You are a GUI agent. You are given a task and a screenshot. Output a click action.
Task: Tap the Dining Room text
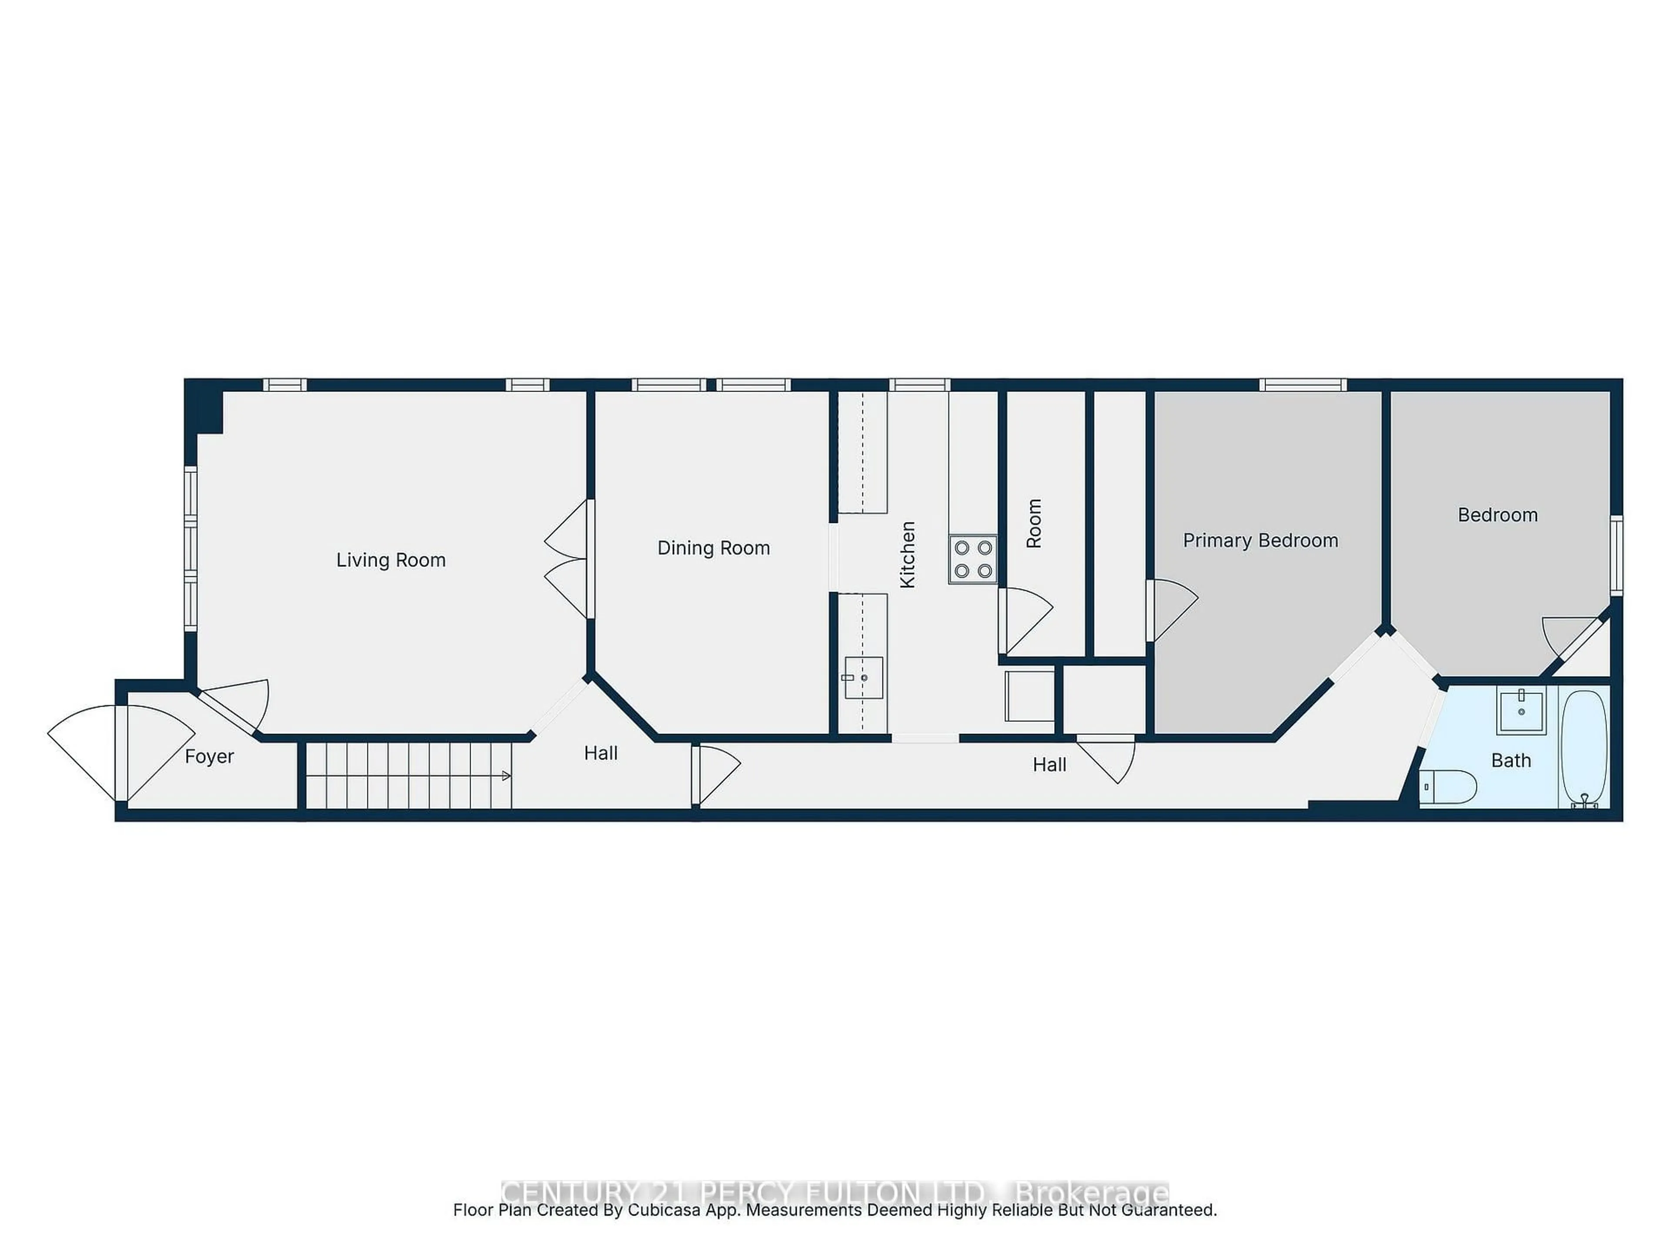pyautogui.click(x=714, y=548)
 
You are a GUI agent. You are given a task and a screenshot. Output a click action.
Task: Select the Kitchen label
pyautogui.click(x=908, y=554)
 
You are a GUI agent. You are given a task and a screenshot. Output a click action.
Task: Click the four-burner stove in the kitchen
pyautogui.click(x=972, y=559)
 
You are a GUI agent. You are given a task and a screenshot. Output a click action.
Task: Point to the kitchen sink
pyautogui.click(x=863, y=677)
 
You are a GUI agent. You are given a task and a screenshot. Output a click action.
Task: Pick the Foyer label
pyautogui.click(x=209, y=757)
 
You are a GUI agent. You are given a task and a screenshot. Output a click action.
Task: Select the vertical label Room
pyautogui.click(x=1034, y=523)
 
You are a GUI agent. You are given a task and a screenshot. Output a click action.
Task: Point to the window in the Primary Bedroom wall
pyautogui.click(x=1303, y=385)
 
